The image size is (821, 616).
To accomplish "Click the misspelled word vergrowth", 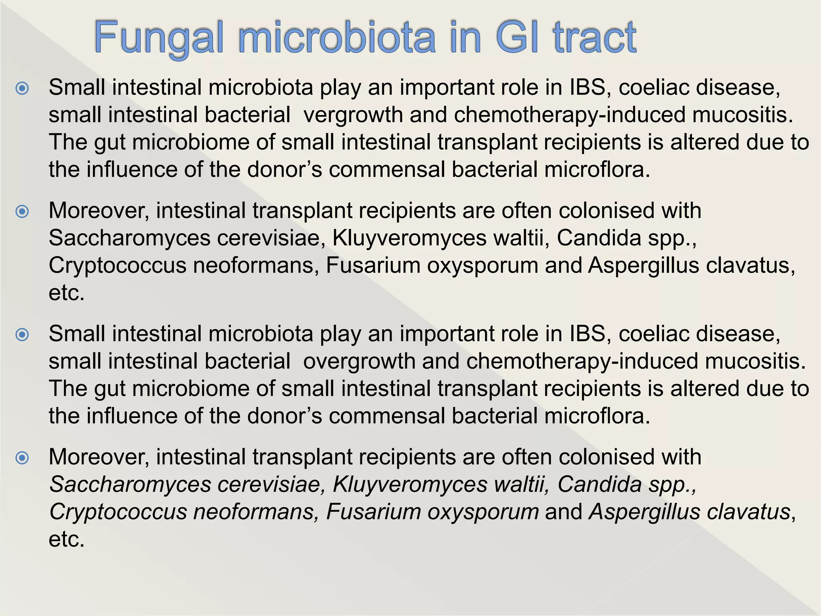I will point(353,115).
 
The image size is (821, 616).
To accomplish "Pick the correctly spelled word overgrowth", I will point(359,361).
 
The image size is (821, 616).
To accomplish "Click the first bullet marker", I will point(22,88).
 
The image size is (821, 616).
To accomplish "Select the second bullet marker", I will point(22,211).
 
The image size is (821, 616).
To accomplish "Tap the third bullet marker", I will point(22,334).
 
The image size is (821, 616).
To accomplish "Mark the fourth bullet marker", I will point(22,458).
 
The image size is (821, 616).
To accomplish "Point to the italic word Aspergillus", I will point(644,512).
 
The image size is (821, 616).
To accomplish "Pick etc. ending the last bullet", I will point(67,539).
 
